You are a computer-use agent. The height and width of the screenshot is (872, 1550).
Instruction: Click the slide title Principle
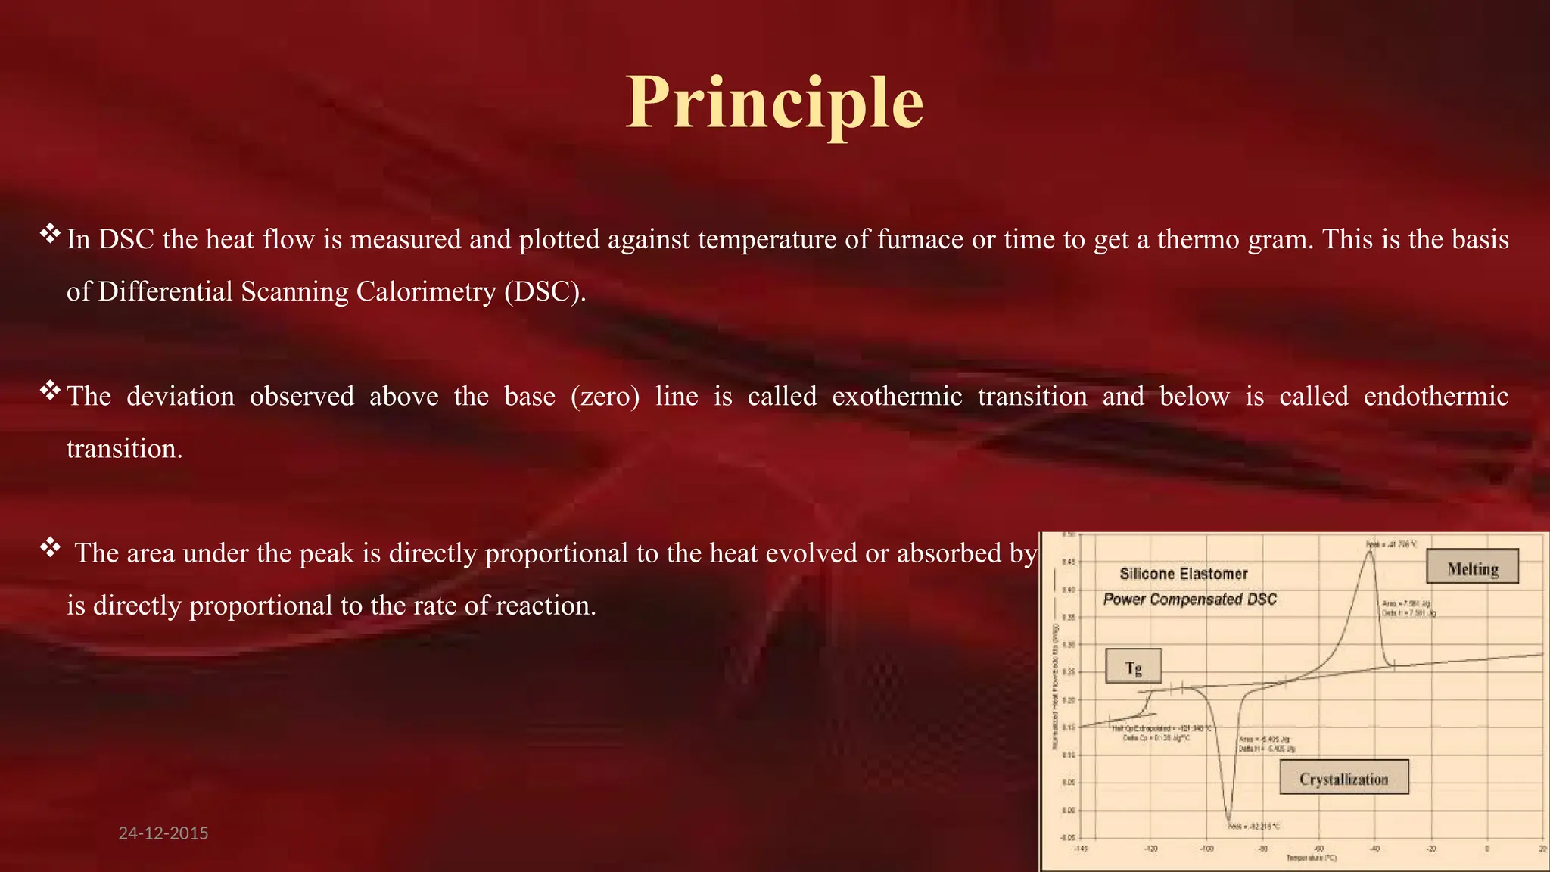point(774,103)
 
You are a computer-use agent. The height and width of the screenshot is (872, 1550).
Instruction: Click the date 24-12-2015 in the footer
point(163,833)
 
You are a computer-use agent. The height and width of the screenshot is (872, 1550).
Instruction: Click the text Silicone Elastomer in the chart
point(1183,574)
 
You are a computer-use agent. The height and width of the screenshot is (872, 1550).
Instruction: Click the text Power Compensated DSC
point(1189,599)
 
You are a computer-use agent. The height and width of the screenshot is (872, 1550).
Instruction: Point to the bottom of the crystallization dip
point(1229,819)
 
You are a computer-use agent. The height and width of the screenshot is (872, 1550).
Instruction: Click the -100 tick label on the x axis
point(1206,849)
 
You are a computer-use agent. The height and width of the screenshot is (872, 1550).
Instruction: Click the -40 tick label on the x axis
point(1374,849)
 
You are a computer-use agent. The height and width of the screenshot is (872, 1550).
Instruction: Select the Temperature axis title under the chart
point(1311,858)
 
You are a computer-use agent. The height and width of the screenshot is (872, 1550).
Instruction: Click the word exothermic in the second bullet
point(897,397)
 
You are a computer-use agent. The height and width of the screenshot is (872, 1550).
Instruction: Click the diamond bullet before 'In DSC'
point(50,233)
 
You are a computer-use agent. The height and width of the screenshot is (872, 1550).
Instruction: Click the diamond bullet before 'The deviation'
point(50,391)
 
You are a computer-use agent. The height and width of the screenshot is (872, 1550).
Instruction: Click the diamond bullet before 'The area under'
point(50,547)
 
